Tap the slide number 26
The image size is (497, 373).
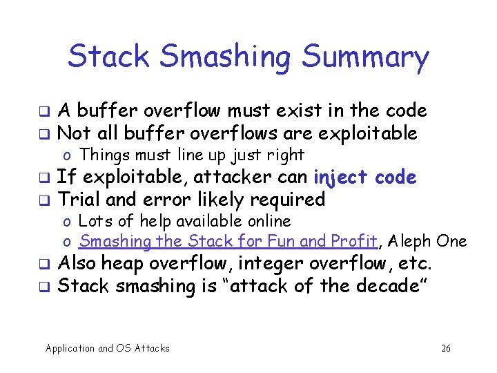[x=446, y=348]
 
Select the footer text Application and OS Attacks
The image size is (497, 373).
[x=107, y=348]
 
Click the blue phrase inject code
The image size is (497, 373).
[x=364, y=178]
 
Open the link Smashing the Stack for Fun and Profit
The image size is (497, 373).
[x=228, y=242]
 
